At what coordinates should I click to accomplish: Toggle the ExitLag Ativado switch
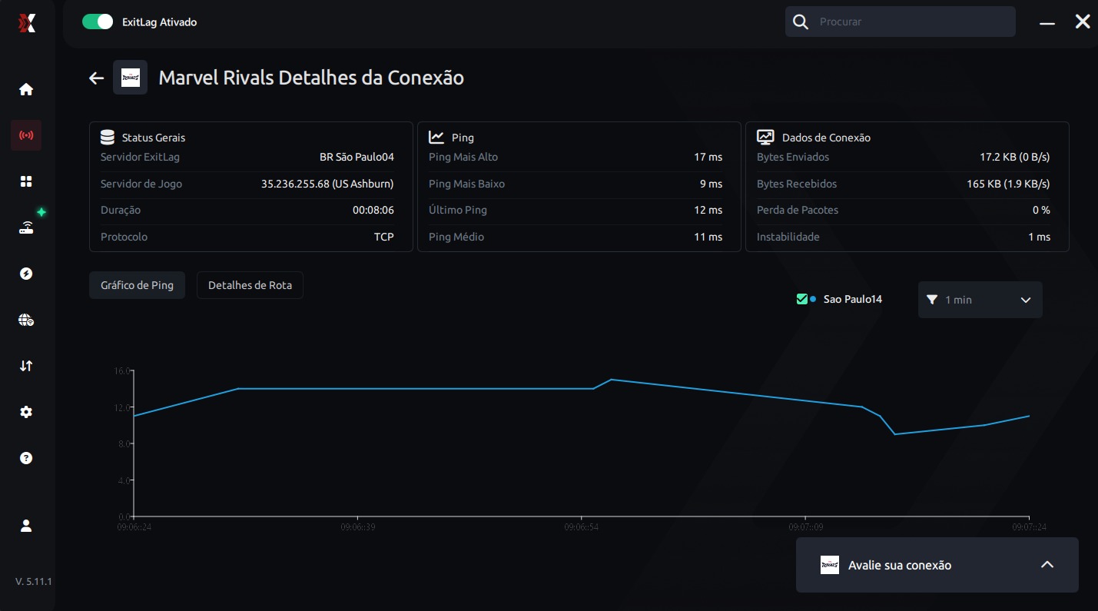coord(98,22)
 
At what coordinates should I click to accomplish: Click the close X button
coord(1082,22)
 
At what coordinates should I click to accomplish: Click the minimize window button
coord(1047,24)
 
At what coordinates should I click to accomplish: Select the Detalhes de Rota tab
coord(250,285)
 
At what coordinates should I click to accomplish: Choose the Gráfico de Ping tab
coord(137,285)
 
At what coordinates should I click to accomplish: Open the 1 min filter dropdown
coord(980,300)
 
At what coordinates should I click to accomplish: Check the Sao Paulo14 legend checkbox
coord(802,299)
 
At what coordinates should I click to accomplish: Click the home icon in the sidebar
coord(26,89)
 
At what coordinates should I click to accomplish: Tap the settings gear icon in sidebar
coord(26,412)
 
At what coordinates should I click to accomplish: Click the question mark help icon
coord(26,458)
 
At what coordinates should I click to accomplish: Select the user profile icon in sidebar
coord(26,526)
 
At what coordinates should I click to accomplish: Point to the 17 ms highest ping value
coord(708,157)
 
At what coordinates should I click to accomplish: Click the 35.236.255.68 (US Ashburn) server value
coord(327,184)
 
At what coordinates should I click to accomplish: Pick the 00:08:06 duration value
coord(373,210)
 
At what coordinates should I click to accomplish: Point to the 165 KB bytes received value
coord(1008,184)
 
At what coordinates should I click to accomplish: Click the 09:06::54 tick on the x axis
coord(582,527)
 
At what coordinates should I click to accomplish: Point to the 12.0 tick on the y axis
coord(123,407)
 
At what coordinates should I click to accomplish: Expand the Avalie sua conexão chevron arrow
coord(1047,565)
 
